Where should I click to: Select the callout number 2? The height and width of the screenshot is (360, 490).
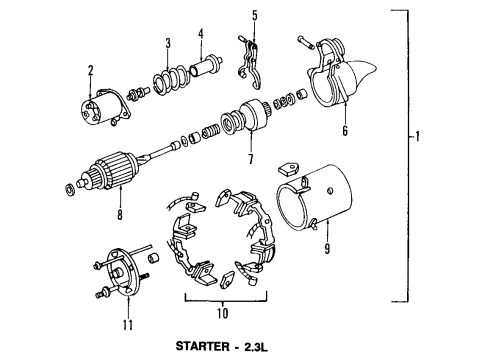tap(90, 70)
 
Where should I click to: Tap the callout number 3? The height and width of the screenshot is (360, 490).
tap(169, 42)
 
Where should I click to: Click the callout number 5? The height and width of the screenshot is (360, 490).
tap(254, 15)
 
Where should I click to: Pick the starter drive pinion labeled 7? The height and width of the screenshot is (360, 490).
tap(244, 123)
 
